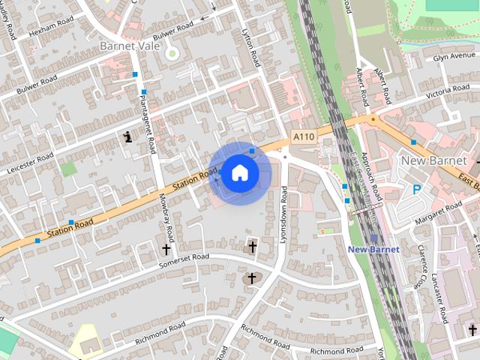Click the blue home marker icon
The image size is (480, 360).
[239, 172]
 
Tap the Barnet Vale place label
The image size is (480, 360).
[130, 46]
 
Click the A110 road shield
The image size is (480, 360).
[303, 136]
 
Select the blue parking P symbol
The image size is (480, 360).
[416, 190]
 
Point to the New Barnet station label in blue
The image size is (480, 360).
[373, 249]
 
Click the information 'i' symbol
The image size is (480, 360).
[129, 136]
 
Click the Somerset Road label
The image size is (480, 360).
[184, 262]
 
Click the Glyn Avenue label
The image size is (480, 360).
[454, 56]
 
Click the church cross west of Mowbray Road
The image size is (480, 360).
[166, 248]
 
